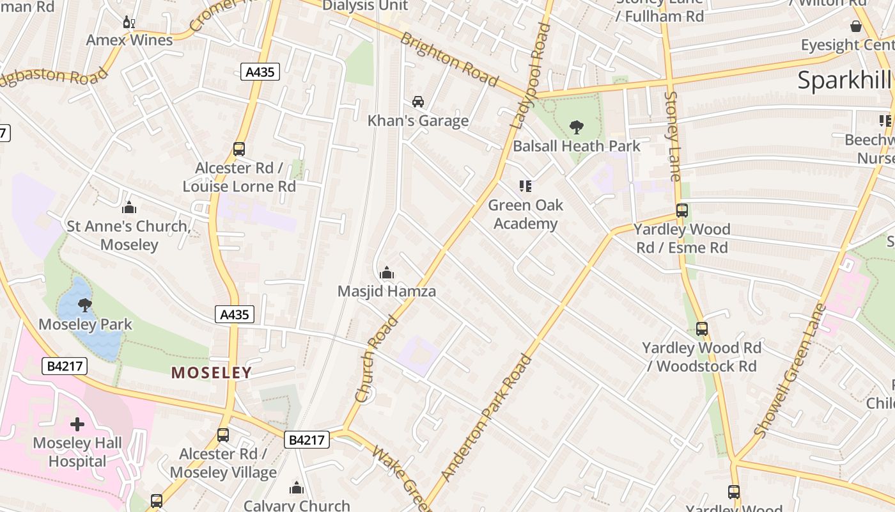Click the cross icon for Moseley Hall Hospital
[x=77, y=424]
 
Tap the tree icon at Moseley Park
[x=84, y=305]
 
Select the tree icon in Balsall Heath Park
[x=576, y=127]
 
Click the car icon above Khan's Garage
[x=418, y=102]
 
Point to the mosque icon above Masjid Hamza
[x=386, y=273]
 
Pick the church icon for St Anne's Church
[x=129, y=207]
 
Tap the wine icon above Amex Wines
[x=129, y=22]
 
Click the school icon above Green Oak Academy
[x=525, y=186]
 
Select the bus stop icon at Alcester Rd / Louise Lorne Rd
[x=239, y=149]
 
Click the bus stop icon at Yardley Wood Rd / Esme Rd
[x=682, y=211]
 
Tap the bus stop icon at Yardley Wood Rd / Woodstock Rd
[x=702, y=329]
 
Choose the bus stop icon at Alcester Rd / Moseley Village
[x=223, y=435]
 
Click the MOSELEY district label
[x=212, y=372]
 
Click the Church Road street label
[x=377, y=358]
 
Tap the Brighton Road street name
[x=449, y=59]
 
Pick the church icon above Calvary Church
[x=297, y=488]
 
